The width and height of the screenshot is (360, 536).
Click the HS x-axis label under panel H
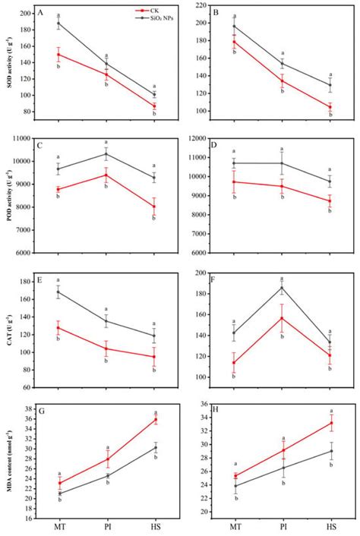tap(332, 526)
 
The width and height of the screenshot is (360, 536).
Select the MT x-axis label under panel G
tap(58, 526)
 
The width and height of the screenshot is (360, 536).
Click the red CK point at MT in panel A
tap(58, 54)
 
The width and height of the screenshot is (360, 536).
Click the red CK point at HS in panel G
tap(155, 419)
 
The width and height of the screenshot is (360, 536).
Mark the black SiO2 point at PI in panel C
tap(106, 154)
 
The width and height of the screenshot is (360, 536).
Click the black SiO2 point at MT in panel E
tap(58, 292)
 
